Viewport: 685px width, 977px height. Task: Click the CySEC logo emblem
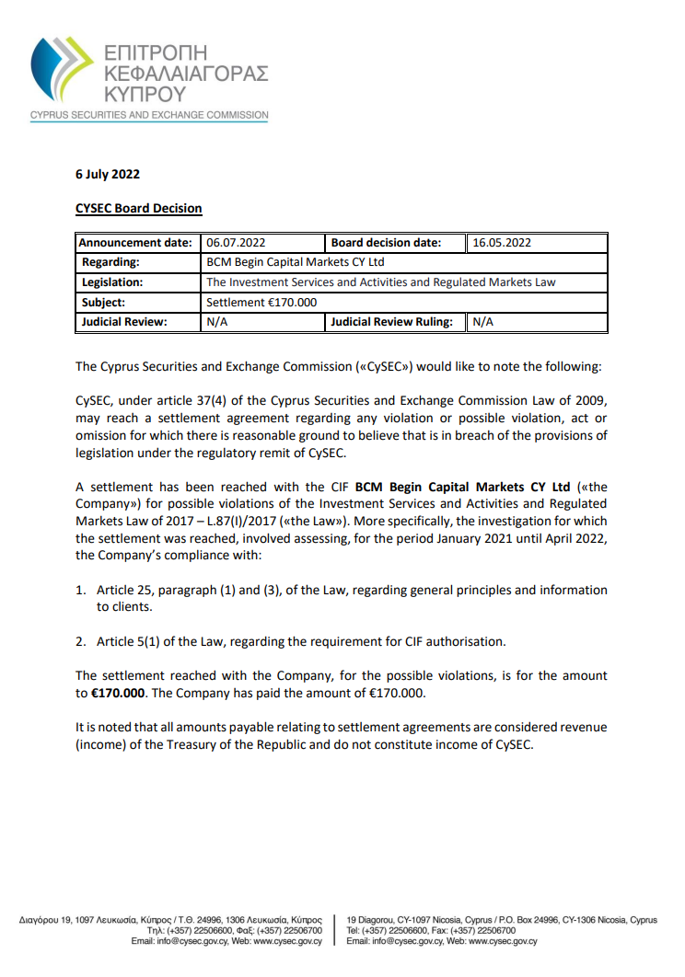[61, 70]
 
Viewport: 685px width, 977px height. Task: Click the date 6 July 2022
[107, 174]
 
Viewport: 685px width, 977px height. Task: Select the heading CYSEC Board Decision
[138, 208]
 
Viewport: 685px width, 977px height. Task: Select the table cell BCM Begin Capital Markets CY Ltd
[296, 262]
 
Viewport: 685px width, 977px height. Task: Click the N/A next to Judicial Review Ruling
[483, 322]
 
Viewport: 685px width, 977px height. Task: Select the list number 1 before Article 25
[81, 590]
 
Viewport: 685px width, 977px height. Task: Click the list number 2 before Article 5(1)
[81, 641]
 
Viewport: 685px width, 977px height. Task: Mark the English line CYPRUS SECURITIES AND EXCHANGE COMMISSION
[149, 116]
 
